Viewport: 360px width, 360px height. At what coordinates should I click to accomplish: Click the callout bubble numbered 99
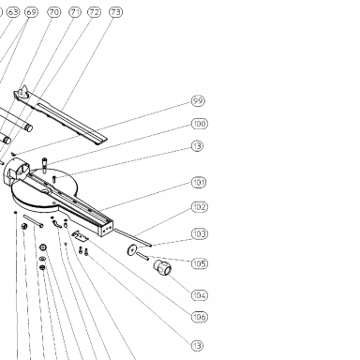pos(198,101)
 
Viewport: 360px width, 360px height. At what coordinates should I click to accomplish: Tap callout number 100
pos(200,124)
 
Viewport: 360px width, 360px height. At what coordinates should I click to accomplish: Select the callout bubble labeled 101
pos(199,182)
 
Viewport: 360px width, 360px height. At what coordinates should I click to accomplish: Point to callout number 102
pos(200,207)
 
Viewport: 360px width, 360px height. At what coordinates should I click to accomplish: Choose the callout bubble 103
pos(200,233)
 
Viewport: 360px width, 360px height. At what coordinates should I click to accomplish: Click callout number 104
pos(200,295)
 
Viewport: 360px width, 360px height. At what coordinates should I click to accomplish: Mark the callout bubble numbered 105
pos(200,263)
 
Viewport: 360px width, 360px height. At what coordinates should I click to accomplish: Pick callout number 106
pos(200,317)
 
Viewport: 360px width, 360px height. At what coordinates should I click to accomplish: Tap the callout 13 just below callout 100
pos(197,146)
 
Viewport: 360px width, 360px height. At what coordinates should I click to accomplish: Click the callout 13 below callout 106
pos(197,346)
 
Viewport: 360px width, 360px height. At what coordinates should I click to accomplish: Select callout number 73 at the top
pos(115,12)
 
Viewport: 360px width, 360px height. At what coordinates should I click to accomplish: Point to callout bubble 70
pos(54,12)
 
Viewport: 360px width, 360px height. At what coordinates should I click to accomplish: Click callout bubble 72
pos(95,12)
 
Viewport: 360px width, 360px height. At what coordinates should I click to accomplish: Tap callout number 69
pos(31,12)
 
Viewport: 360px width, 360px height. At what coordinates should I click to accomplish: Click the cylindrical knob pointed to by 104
pos(162,267)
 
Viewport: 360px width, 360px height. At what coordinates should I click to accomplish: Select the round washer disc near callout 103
pos(132,249)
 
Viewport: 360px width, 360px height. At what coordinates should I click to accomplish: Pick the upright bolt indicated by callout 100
pos(45,165)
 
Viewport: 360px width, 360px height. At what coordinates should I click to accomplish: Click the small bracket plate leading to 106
pos(81,236)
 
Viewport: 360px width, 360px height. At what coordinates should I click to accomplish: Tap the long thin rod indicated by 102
pos(133,237)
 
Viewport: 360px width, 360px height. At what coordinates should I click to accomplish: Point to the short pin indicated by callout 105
pos(142,256)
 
